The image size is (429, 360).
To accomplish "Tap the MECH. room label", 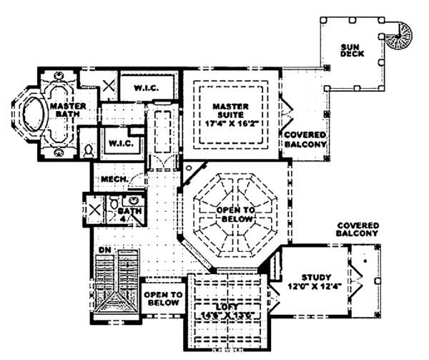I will coord(114,179).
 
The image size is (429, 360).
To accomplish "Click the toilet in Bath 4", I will coord(114,205).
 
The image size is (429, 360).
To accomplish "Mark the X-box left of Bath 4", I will coord(94,209).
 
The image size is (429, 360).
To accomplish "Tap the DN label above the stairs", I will coord(104,248).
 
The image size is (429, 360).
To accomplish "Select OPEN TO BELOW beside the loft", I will coord(163,298).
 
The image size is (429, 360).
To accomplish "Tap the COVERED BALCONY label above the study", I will coord(357,230).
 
